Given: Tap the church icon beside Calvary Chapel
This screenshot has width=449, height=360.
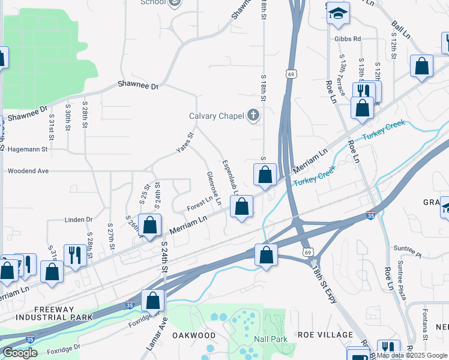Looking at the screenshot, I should (x=253, y=115).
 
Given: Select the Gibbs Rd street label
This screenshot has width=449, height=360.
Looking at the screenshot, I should (x=348, y=39).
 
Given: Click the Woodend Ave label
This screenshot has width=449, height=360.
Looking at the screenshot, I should (x=28, y=171).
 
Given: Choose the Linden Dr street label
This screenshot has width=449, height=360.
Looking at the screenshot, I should (x=79, y=220).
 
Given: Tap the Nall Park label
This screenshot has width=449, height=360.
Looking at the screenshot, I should (x=271, y=339).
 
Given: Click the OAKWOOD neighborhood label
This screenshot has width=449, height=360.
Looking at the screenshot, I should (x=194, y=335).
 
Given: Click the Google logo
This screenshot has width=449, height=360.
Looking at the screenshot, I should (x=20, y=353).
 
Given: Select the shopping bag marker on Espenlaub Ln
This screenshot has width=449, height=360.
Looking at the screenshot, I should (x=241, y=207).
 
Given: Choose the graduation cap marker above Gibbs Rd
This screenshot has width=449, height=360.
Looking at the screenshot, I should (x=339, y=13).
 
